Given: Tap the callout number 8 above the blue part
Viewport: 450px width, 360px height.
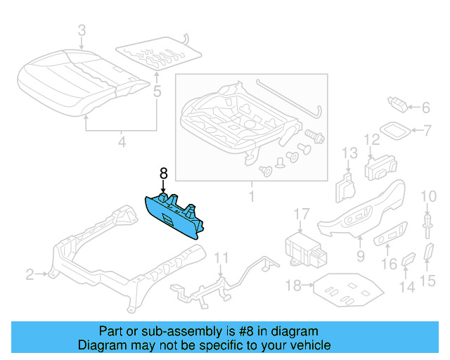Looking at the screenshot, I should point(163,173).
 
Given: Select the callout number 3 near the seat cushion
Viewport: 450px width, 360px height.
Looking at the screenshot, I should point(82,30).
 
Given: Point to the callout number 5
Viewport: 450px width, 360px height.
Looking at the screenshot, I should point(157,91).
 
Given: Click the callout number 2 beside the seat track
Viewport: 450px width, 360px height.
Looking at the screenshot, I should point(30,274).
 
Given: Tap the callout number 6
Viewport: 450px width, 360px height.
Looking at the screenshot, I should point(425,108).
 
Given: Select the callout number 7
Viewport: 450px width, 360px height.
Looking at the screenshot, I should point(425,130).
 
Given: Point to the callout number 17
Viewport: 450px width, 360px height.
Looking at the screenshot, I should point(301,214).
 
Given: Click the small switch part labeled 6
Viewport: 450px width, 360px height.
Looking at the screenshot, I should point(399,105).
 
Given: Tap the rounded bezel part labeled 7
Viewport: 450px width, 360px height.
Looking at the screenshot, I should point(397,130).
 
